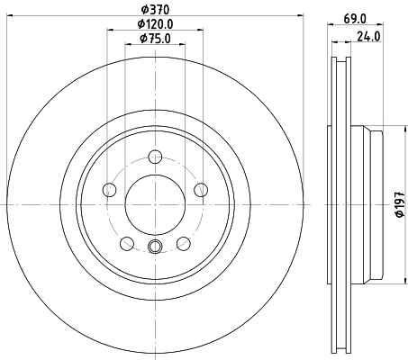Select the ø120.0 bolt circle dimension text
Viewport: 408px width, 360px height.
(154, 24)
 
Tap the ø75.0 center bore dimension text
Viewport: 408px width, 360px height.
(154, 38)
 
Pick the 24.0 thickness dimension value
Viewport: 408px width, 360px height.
(365, 38)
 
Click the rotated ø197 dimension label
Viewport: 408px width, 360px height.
(398, 204)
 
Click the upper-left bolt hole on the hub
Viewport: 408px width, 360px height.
(110, 189)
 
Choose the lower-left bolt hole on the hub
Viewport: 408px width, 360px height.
(127, 242)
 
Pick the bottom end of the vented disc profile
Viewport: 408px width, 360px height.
(340, 349)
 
